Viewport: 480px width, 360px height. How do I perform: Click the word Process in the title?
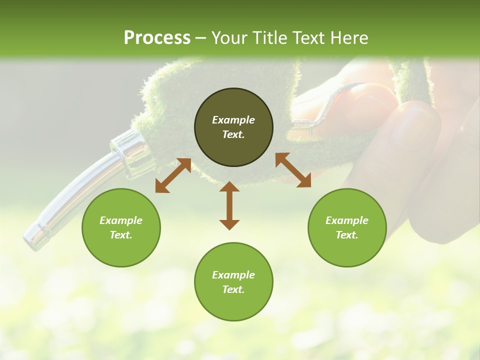[157, 38]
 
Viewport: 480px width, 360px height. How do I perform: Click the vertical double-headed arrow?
[229, 205]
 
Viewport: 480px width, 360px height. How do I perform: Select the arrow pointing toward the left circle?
[173, 175]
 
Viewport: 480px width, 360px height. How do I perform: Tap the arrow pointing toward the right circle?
[293, 170]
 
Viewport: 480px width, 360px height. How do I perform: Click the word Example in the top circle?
[233, 120]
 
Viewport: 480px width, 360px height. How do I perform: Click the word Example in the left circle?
[121, 220]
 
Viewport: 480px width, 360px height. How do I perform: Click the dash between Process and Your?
[201, 38]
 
